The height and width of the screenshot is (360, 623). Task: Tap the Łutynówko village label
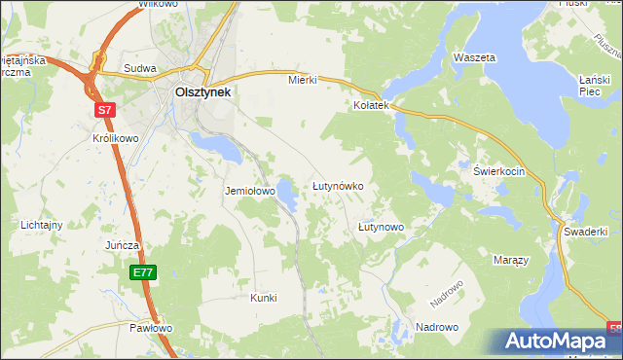click(x=338, y=185)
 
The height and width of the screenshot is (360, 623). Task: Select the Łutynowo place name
click(x=381, y=227)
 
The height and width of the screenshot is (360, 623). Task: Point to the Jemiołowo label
click(x=250, y=192)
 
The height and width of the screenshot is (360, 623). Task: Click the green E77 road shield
click(x=143, y=272)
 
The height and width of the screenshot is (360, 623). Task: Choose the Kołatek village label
click(x=371, y=104)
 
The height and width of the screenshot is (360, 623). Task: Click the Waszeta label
click(x=474, y=57)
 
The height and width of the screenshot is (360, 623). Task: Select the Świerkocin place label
click(x=499, y=171)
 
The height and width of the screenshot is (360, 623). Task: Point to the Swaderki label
click(x=586, y=231)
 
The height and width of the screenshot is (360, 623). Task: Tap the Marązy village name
click(x=509, y=262)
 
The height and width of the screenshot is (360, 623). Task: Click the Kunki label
click(x=264, y=297)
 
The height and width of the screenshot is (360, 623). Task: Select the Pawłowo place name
click(x=151, y=328)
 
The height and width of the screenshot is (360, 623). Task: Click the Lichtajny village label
click(x=42, y=225)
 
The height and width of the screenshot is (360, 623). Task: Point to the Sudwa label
click(x=140, y=69)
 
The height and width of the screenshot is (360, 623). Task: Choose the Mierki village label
click(x=303, y=80)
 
